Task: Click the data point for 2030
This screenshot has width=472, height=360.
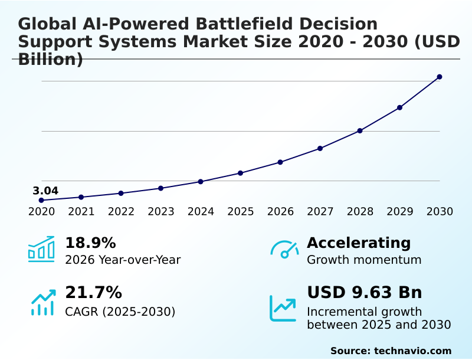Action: [x=440, y=77]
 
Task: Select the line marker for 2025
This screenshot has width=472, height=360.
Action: [x=241, y=173]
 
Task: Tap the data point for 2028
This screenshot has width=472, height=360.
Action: [x=360, y=130]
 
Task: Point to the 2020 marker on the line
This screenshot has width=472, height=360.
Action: [x=41, y=200]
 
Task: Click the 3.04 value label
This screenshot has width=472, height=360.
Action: [x=45, y=191]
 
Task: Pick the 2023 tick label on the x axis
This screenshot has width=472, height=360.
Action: [x=161, y=212]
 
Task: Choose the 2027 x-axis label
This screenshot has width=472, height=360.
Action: [x=320, y=212]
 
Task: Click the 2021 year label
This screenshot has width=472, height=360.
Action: [x=81, y=212]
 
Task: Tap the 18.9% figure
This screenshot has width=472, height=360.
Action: [x=90, y=243]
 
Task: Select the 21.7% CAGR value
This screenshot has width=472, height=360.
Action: [x=93, y=293]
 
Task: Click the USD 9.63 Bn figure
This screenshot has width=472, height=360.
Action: [x=365, y=293]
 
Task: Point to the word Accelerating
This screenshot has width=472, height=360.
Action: [x=359, y=243]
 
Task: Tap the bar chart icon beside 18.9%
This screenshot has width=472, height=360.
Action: [x=41, y=249]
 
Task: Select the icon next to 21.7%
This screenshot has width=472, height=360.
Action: [x=42, y=303]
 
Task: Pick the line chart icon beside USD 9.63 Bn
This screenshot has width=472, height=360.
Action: [x=283, y=307]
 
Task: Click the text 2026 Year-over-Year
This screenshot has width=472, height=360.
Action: [x=123, y=260]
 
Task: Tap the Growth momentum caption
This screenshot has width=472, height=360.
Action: [x=364, y=260]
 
